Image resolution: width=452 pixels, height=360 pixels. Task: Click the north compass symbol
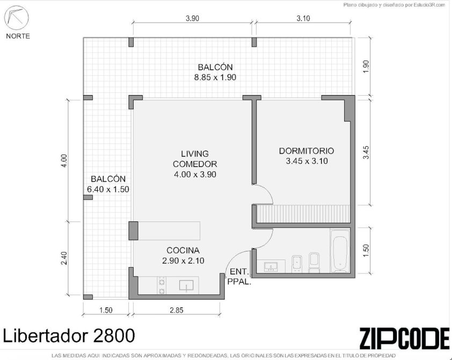[x=17, y=18]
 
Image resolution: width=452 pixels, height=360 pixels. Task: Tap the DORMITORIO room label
[x=307, y=151]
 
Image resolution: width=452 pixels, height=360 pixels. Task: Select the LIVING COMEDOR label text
[x=195, y=159]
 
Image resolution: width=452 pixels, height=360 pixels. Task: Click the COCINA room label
[x=183, y=250]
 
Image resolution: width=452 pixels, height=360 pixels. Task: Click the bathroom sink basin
[x=271, y=267]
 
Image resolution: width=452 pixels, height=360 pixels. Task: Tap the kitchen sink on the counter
[x=186, y=285]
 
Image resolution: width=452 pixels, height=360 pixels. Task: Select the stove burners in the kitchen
[x=162, y=285]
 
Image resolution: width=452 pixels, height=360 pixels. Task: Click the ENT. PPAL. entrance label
[x=239, y=277]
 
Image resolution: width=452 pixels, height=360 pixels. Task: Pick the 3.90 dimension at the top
[x=192, y=18]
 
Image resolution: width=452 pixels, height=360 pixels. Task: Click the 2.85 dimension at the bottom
[x=176, y=310]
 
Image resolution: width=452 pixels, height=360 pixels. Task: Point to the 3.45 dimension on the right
[x=366, y=153]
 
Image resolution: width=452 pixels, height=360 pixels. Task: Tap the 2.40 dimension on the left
[x=64, y=258]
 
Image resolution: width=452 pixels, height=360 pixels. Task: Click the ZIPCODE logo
[x=404, y=338]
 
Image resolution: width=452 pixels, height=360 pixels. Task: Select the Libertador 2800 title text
[x=69, y=336]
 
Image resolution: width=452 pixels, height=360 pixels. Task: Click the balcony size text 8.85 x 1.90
[x=215, y=77]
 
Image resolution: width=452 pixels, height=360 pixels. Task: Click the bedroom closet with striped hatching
[x=303, y=214]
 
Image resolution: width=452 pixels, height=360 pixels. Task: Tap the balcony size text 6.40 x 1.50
[x=108, y=190]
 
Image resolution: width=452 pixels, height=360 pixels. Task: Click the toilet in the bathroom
[x=314, y=263]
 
